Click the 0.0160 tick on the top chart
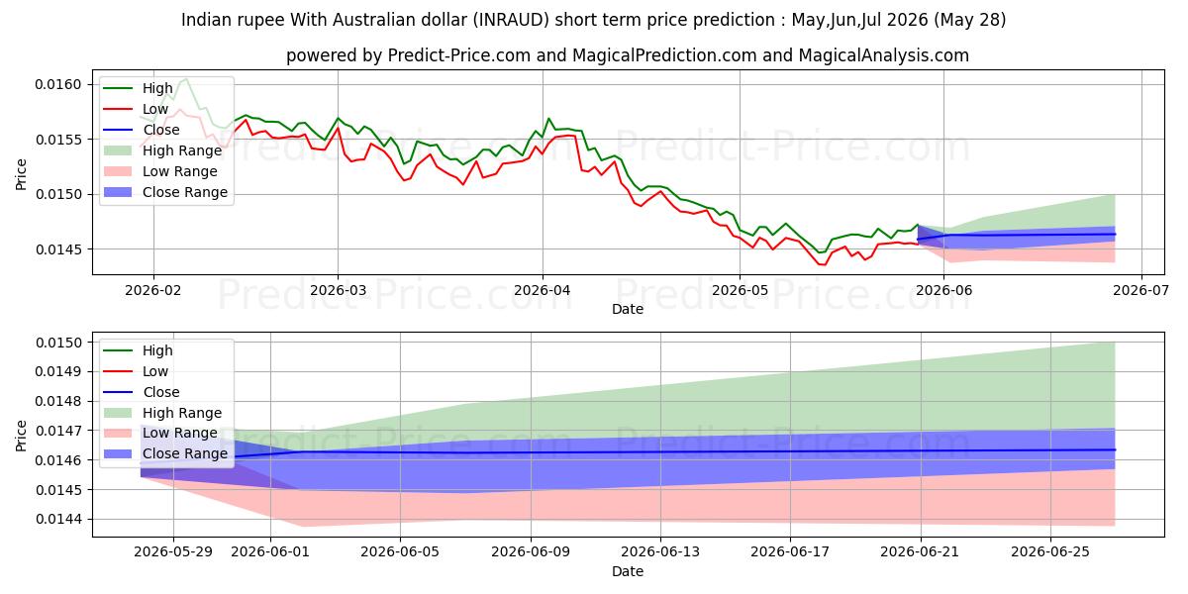pyautogui.click(x=57, y=84)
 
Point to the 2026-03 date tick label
pyautogui.click(x=338, y=290)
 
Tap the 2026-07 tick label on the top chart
pyautogui.click(x=1140, y=290)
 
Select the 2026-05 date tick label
pyautogui.click(x=740, y=290)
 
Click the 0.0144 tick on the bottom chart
pyautogui.click(x=57, y=519)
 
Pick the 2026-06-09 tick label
pyautogui.click(x=531, y=552)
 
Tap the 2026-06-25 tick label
pyautogui.click(x=1050, y=552)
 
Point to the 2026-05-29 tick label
pyautogui.click(x=173, y=552)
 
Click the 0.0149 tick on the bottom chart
pyautogui.click(x=57, y=371)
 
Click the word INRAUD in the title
pyautogui.click(x=511, y=20)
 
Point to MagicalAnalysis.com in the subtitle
pyautogui.click(x=883, y=55)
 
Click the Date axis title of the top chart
pyautogui.click(x=628, y=309)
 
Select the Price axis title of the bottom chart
pyautogui.click(x=21, y=436)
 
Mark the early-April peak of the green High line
pyautogui.click(x=548, y=118)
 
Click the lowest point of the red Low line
pyautogui.click(x=824, y=264)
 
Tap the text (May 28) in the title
pyautogui.click(x=970, y=20)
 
